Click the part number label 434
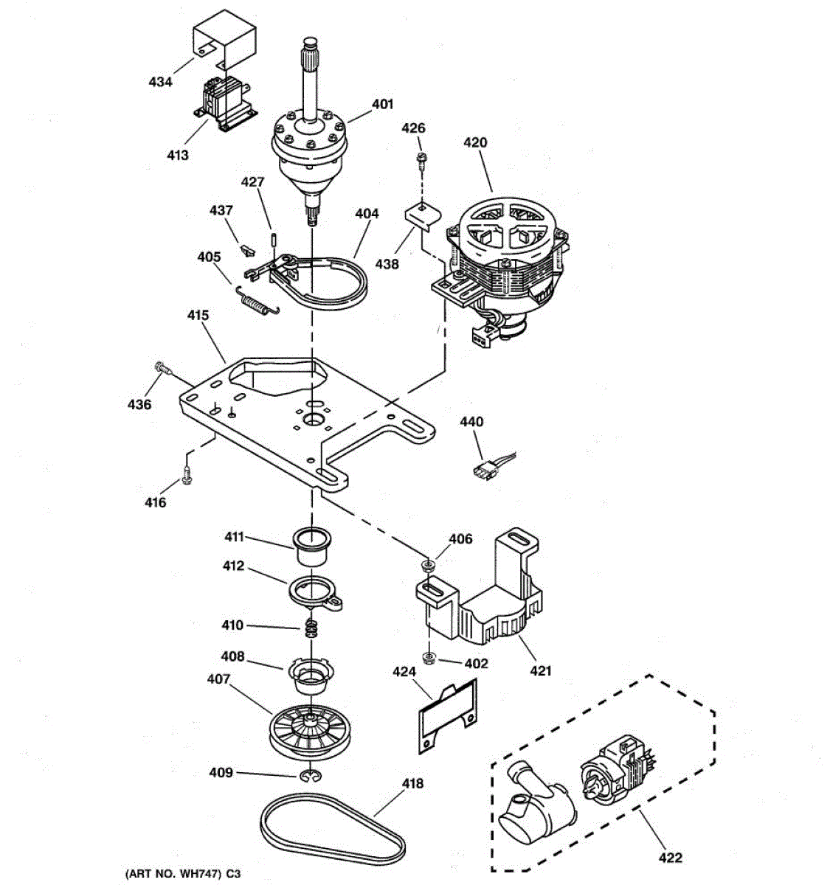[x=160, y=82]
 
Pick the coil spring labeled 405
[x=258, y=302]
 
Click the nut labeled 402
[x=427, y=656]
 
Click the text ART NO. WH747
[x=172, y=874]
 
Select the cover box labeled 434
[x=225, y=43]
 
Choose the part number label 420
[x=474, y=142]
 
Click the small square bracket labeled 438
[x=421, y=217]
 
